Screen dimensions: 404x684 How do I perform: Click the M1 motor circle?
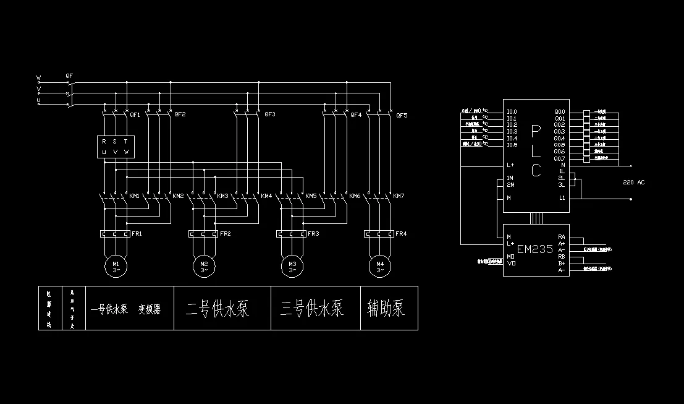point(116,266)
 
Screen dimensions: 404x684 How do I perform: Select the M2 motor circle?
point(204,266)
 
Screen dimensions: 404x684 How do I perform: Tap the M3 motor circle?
point(292,266)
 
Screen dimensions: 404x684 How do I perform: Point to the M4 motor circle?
point(380,266)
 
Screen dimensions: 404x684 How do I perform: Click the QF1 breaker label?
point(135,115)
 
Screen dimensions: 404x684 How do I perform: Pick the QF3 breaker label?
point(269,115)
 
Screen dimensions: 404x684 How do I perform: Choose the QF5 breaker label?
point(402,115)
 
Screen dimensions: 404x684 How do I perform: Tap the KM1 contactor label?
point(134,196)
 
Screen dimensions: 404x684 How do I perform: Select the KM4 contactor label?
point(266,196)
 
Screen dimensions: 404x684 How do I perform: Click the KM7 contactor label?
point(399,196)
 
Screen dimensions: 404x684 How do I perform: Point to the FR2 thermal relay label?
point(225,234)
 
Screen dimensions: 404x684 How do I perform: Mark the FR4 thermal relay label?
point(401,234)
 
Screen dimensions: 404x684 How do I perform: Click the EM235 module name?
point(534,249)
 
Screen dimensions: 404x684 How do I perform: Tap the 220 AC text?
point(633,183)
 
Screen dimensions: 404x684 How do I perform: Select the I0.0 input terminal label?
point(512,112)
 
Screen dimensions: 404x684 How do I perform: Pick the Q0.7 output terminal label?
point(559,158)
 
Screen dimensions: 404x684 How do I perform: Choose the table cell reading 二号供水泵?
point(217,308)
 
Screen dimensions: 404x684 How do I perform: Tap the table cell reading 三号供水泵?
point(311,308)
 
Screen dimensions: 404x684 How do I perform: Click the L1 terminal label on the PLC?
point(562,198)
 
